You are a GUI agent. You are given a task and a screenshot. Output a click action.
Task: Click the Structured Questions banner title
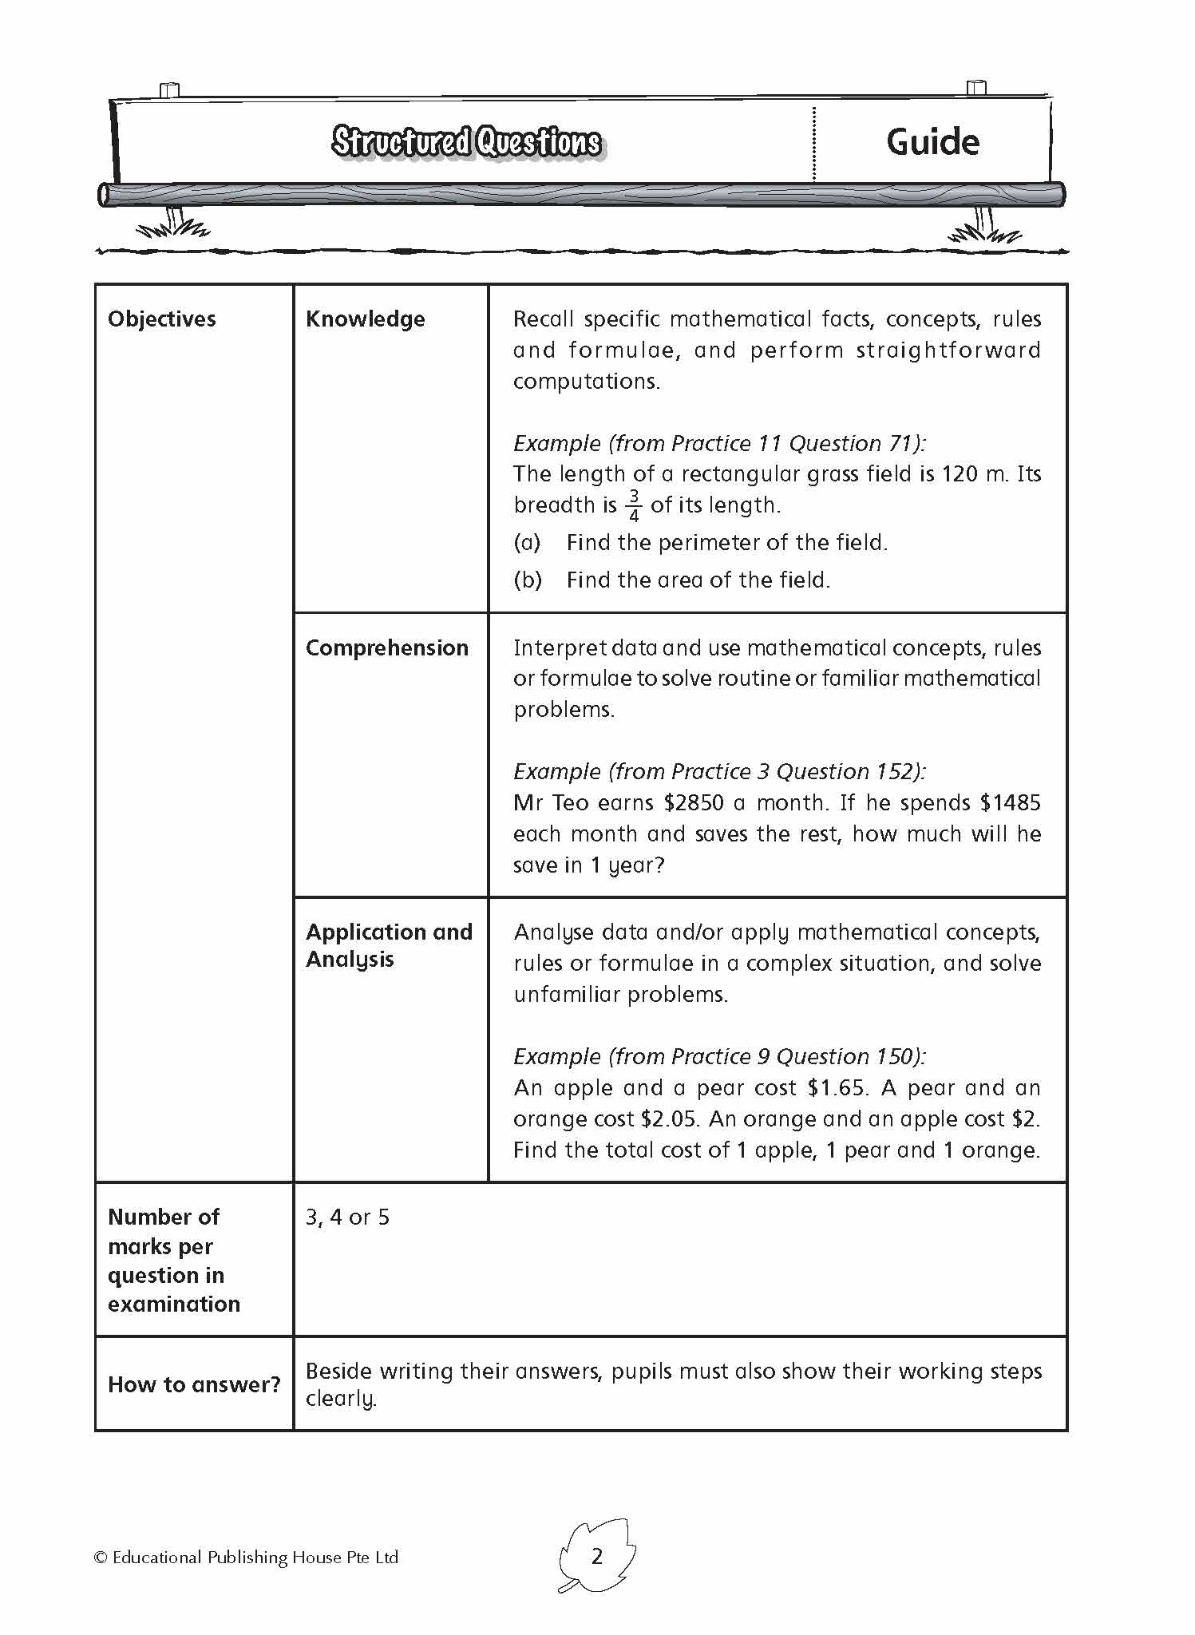[466, 142]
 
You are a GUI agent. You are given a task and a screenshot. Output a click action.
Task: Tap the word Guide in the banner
[932, 142]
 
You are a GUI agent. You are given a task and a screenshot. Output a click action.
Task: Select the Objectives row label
[162, 319]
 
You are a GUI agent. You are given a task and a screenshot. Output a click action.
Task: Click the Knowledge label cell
[365, 319]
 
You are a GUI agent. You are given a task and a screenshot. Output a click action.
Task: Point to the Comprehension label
[386, 647]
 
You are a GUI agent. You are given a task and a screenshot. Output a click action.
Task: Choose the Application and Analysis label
[389, 945]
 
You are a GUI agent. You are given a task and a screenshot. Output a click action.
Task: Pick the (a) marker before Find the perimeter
[527, 543]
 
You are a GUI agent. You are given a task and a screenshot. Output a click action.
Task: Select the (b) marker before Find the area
[528, 580]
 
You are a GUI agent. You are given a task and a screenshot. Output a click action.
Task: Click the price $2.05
[669, 1119]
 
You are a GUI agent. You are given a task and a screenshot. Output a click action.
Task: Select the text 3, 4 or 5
[347, 1217]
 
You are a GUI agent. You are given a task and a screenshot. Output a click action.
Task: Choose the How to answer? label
[194, 1384]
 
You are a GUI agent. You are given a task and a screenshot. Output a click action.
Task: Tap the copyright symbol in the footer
[101, 1558]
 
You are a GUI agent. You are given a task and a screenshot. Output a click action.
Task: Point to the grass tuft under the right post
[983, 232]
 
